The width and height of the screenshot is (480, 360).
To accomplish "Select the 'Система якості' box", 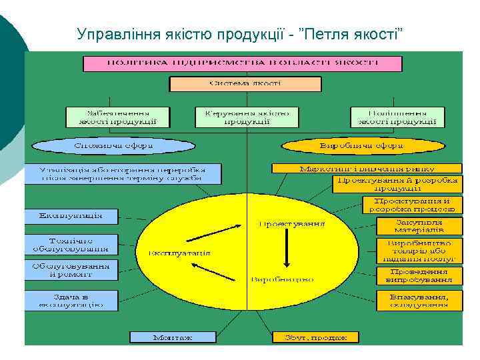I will click(245, 85).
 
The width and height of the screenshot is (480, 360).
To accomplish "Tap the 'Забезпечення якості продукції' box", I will click(117, 117).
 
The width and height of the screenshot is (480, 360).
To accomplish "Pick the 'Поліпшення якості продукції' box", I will click(397, 117).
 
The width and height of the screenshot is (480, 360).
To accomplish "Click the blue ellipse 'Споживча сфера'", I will click(113, 145).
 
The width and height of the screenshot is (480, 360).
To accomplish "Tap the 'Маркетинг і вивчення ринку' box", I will click(367, 168).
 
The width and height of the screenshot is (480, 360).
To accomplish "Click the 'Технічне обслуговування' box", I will click(71, 244).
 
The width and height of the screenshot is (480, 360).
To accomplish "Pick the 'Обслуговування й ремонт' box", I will click(71, 269).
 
